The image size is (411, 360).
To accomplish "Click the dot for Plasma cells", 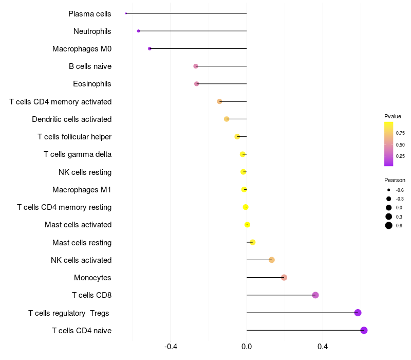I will coord(126,13).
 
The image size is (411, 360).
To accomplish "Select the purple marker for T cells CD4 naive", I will coord(364,330).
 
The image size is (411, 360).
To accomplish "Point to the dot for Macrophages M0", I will coord(150,48).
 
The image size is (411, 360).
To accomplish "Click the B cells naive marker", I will coord(196,66).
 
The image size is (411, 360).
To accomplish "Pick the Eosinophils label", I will coord(92,84).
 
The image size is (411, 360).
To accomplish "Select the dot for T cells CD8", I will coord(315,295).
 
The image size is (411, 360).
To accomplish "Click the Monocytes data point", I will coord(284,278).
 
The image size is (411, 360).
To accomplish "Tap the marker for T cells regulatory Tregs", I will coord(358,313).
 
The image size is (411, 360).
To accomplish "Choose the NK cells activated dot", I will coord(272,260).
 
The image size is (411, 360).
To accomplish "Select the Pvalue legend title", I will coord(393,116).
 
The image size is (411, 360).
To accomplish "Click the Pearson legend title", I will coord(395,181).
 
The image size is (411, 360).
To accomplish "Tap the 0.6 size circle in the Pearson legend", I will coord(389,225).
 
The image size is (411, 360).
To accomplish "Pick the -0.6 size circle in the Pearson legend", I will coord(389,190).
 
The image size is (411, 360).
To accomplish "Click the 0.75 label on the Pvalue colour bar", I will coord(400,133).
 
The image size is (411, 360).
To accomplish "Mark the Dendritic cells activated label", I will coord(71,119).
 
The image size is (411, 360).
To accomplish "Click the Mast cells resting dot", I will coord(252,242).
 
